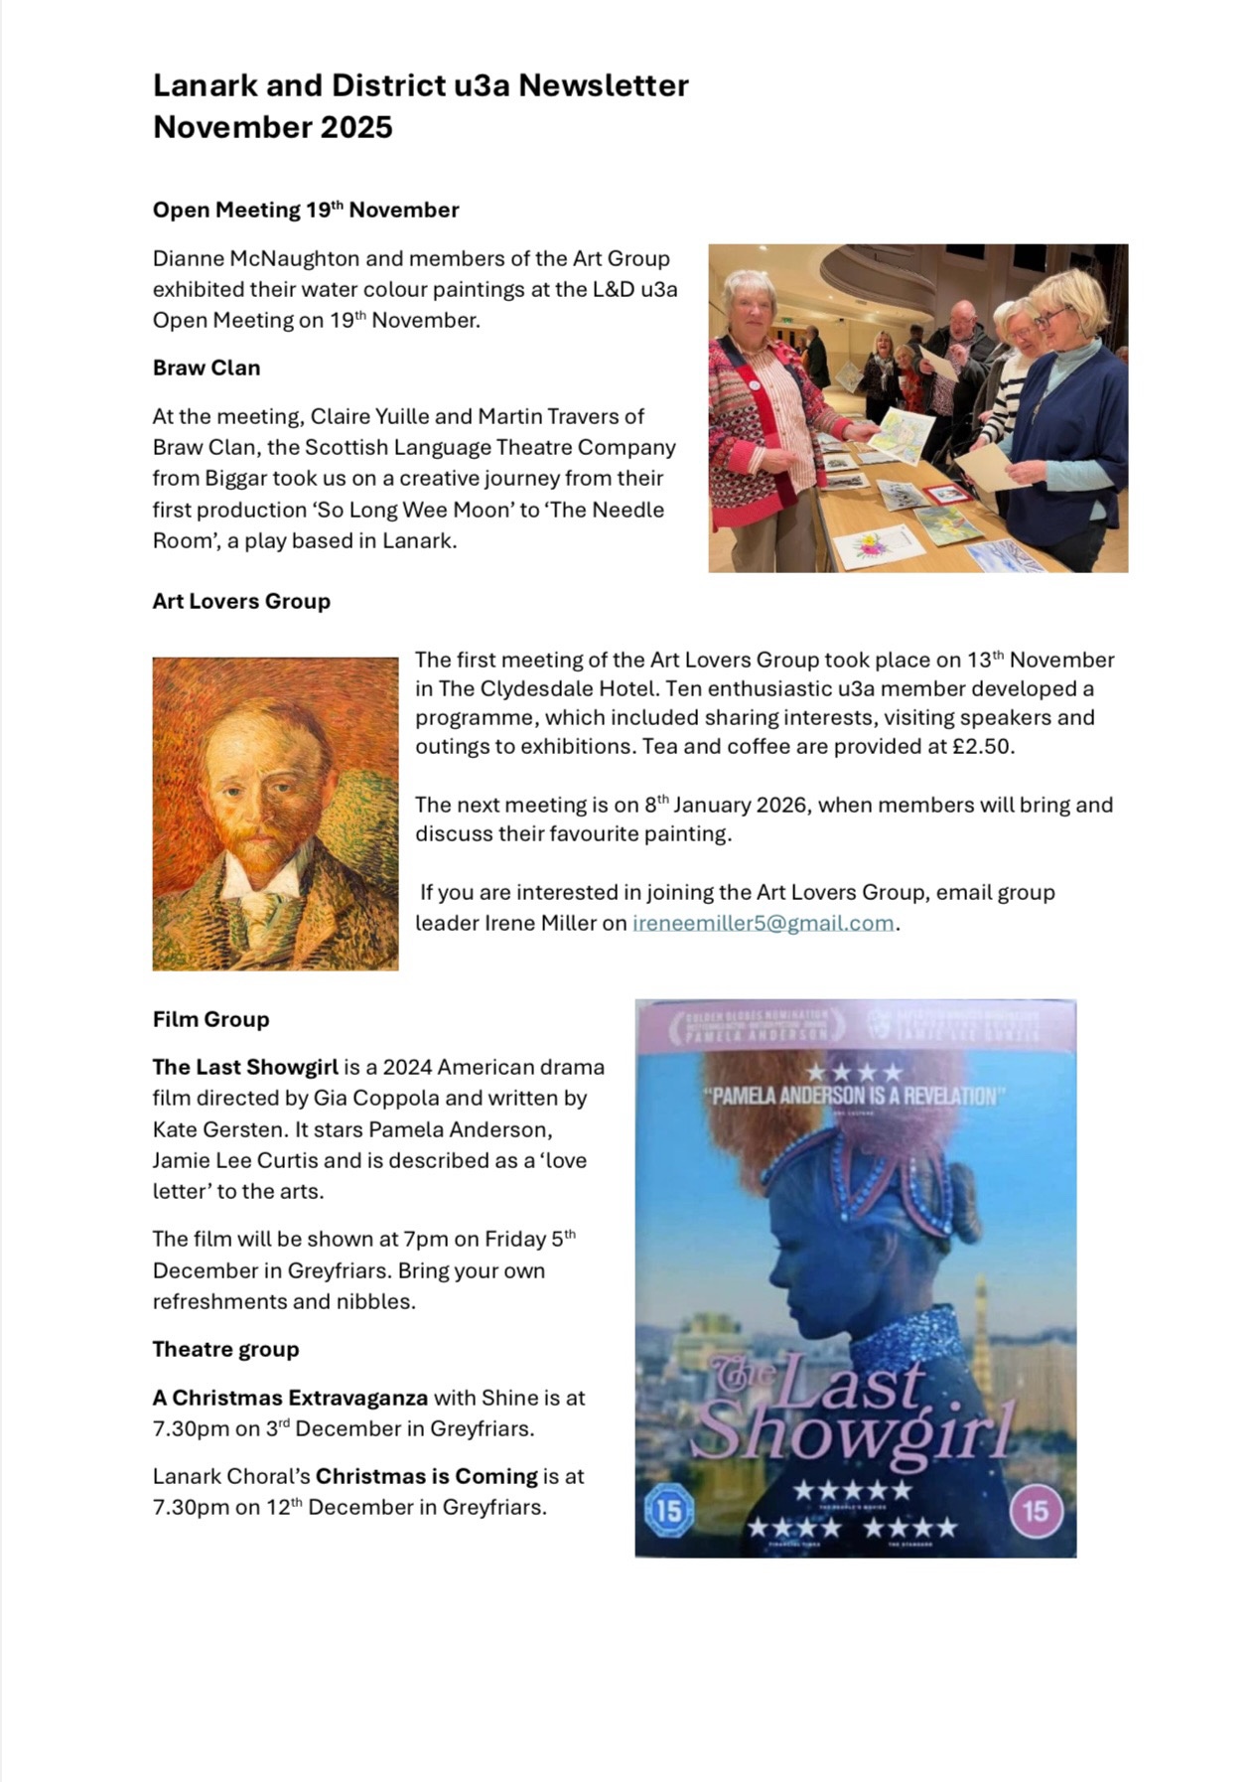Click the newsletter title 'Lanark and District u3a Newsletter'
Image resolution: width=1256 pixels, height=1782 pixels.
tap(420, 86)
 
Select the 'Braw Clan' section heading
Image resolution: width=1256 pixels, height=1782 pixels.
tap(207, 368)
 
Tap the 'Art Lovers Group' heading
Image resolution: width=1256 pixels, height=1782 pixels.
tap(241, 601)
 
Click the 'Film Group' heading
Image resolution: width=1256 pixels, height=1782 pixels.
tap(210, 1019)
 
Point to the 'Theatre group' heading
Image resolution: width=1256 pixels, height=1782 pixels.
tap(225, 1349)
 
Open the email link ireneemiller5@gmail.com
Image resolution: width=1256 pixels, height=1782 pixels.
tap(763, 923)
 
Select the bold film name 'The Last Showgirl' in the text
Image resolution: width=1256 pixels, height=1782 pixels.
tap(245, 1067)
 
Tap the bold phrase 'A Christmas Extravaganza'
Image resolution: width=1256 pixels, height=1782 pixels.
tap(290, 1398)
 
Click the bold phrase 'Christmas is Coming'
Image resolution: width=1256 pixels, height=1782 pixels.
tap(426, 1476)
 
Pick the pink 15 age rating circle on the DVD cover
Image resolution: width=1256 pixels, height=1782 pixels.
tap(1036, 1511)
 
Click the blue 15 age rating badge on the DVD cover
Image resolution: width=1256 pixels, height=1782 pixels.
tap(669, 1511)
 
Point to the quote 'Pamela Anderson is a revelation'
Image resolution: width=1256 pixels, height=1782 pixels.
tap(854, 1097)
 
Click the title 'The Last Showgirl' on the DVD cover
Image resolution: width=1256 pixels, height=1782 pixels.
tap(854, 1411)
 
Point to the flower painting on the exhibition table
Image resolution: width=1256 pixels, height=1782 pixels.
tap(871, 545)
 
